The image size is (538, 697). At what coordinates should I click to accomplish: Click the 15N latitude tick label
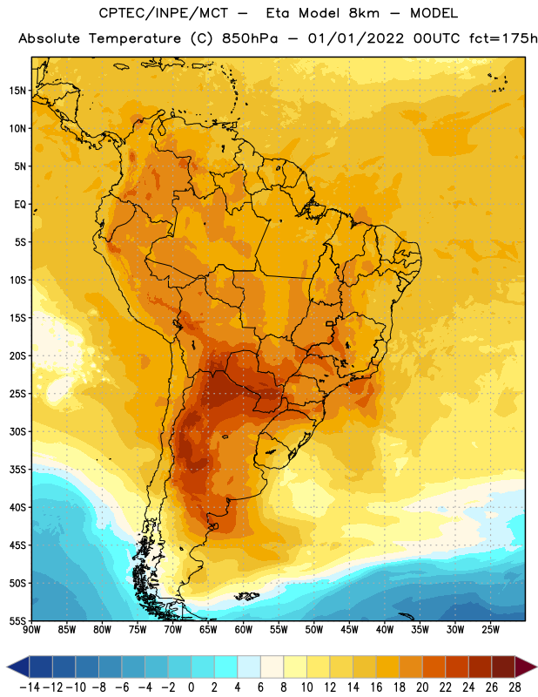coord(17,91)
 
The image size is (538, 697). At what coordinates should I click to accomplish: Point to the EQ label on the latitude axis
coord(20,205)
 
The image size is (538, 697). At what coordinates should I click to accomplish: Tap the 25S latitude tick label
coord(17,394)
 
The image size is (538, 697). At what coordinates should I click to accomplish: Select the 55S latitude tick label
coord(17,620)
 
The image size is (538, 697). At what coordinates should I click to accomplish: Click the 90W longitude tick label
coord(31,630)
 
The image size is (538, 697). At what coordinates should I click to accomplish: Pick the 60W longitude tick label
coord(244,630)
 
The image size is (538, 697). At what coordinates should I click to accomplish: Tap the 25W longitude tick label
coord(490,630)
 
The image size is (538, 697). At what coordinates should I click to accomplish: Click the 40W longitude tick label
coord(385,630)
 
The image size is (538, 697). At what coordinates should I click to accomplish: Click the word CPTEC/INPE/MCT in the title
coord(164,13)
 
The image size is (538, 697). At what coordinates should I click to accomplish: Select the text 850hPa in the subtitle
coord(250,38)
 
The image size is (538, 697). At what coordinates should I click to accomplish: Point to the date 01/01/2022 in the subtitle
coord(356,38)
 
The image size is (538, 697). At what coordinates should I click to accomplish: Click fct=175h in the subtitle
coord(503,38)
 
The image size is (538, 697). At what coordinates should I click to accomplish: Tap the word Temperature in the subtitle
coord(135,39)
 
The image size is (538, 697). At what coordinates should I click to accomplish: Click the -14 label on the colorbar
coord(29,687)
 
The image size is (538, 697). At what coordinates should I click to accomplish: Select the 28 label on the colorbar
coord(514,687)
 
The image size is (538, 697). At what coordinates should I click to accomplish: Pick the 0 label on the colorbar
coord(191,687)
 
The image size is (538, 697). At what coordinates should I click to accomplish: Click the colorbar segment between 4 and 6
coord(249,667)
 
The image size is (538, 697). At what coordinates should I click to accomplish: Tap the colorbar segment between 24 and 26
coord(481,667)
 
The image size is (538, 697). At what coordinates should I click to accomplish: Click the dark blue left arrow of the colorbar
coord(17,667)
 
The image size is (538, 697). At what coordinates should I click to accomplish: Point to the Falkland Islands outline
coord(246,596)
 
